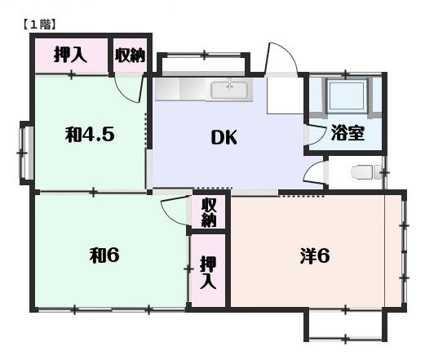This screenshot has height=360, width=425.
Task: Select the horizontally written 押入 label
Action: tap(70, 56)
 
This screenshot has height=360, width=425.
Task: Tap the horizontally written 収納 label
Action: tap(130, 56)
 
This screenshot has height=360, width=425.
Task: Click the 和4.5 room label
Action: tap(90, 134)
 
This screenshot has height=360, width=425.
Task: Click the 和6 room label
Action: tap(104, 255)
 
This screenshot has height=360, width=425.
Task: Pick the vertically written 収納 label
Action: tap(209, 212)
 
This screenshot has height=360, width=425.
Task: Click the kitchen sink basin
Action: tap(229, 90)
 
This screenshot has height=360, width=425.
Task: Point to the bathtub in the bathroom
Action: tap(347, 97)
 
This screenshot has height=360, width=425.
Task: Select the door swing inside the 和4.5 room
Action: tap(129, 87)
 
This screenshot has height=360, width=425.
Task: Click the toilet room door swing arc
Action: tap(314, 175)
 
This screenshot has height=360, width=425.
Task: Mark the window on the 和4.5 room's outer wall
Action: tap(26, 152)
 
